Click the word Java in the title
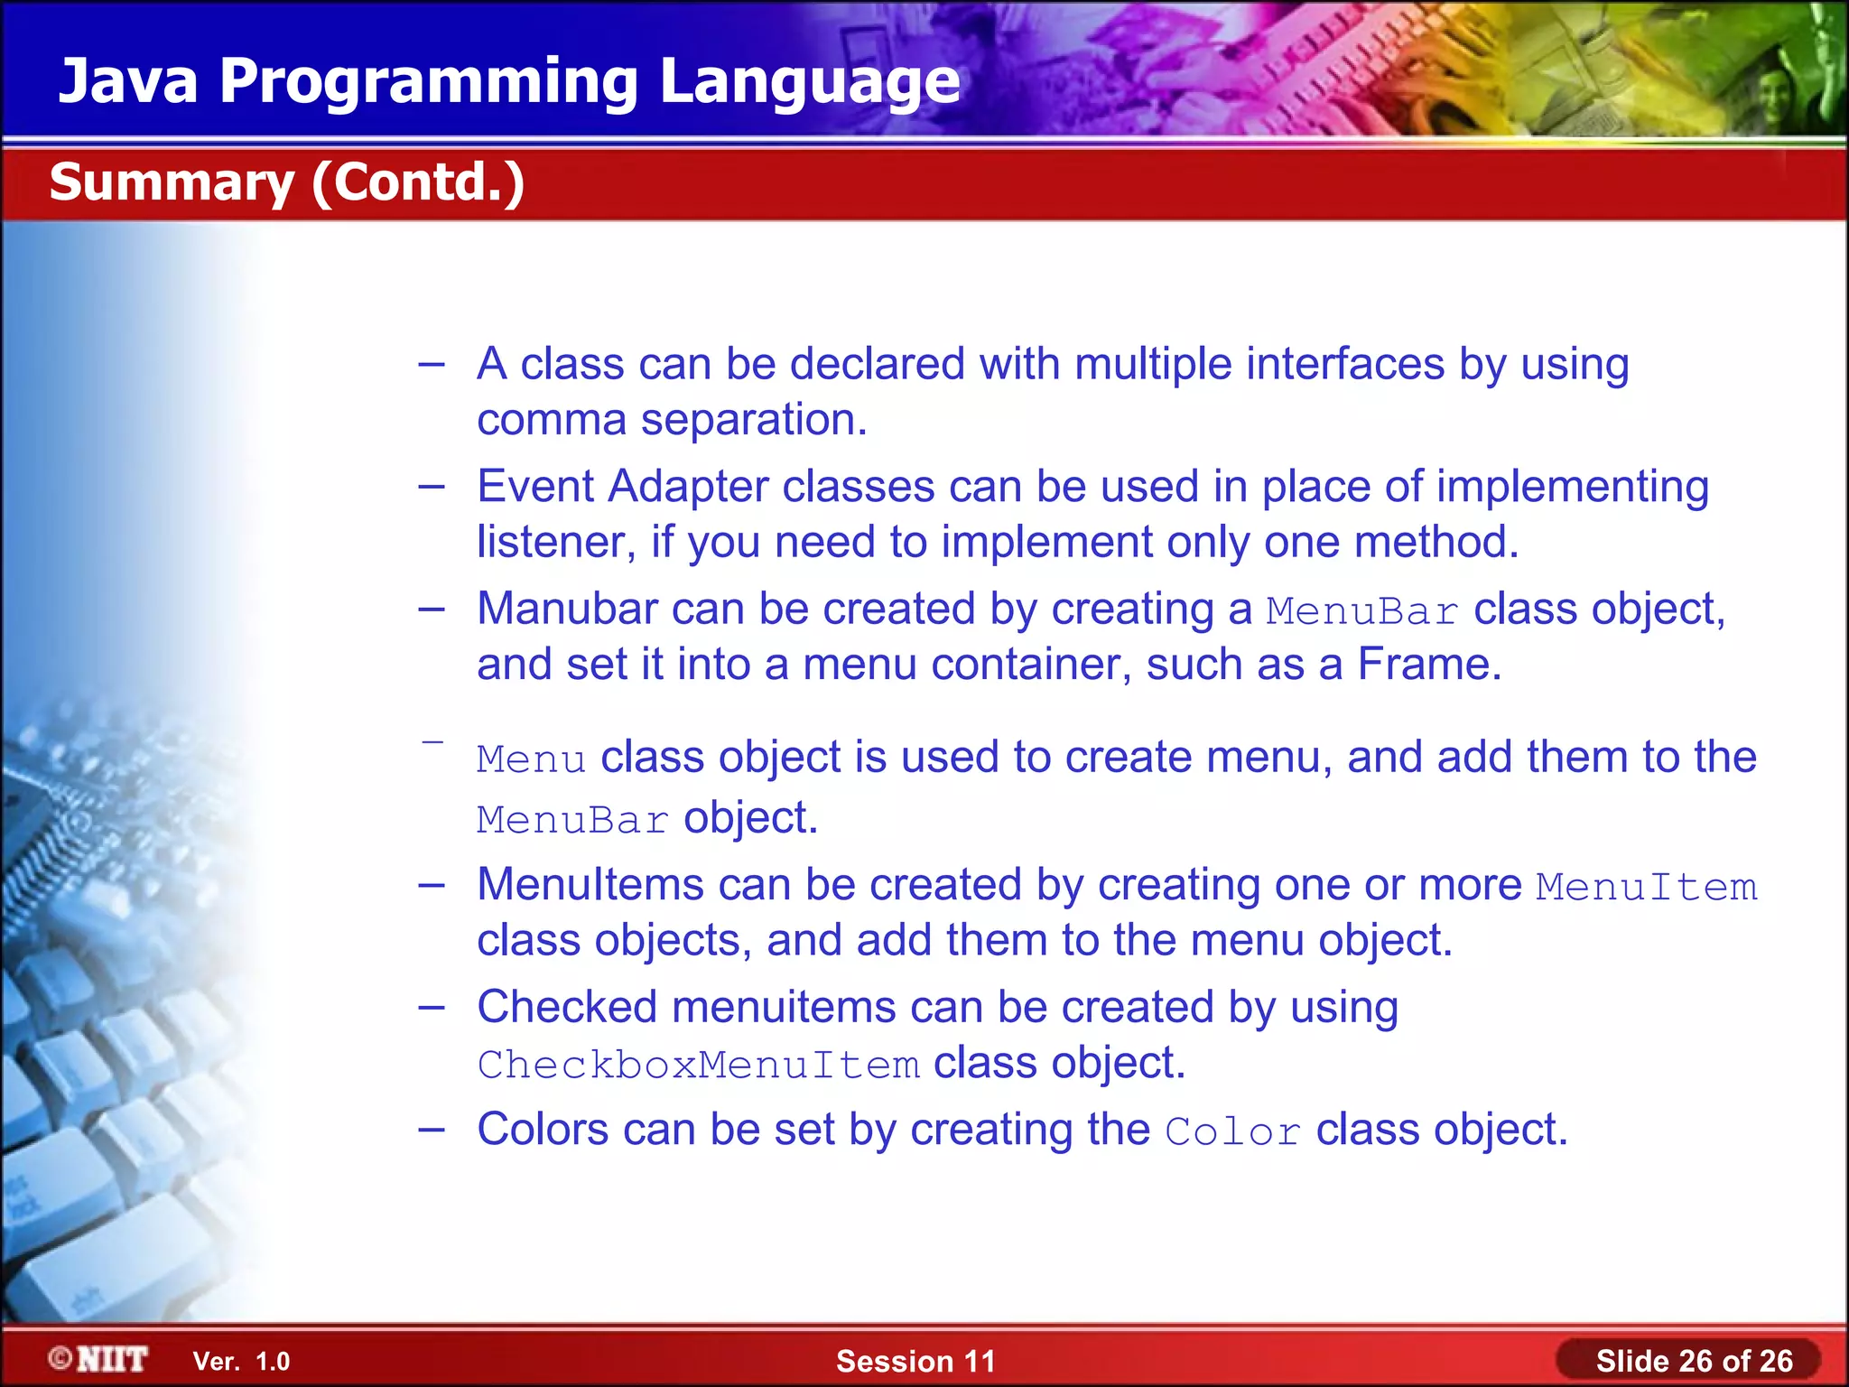click(x=127, y=81)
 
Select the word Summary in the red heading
click(x=172, y=182)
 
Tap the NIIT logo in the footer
click(x=98, y=1359)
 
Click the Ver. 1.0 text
click(x=241, y=1361)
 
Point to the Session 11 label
click(x=915, y=1361)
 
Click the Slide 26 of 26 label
click(x=1694, y=1361)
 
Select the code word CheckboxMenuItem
click(x=698, y=1065)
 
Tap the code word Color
click(x=1232, y=1131)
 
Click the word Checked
click(x=566, y=1007)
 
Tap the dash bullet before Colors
click(x=432, y=1130)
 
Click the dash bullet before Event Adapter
click(x=432, y=487)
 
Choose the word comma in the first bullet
click(x=551, y=421)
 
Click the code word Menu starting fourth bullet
click(x=531, y=759)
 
